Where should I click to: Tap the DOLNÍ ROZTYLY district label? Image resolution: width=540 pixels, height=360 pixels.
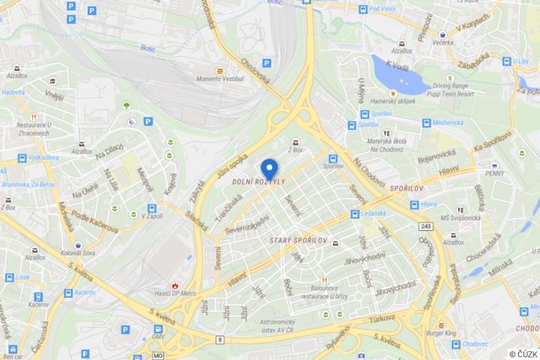[x=259, y=182]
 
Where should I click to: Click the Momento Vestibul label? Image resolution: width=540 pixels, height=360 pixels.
[x=220, y=79]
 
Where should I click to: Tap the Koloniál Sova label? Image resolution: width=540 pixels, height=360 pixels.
[x=78, y=253]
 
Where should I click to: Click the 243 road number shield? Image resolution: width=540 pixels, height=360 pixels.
[x=427, y=227]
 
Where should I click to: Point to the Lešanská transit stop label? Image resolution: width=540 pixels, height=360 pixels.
[x=372, y=214]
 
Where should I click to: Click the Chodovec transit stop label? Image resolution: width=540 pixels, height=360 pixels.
[x=475, y=343]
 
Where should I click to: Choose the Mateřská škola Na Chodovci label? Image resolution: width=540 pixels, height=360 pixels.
[x=386, y=144]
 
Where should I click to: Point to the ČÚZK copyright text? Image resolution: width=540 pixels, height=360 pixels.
[x=523, y=354]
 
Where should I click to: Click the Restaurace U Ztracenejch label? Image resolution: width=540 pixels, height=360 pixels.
[x=34, y=128]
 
